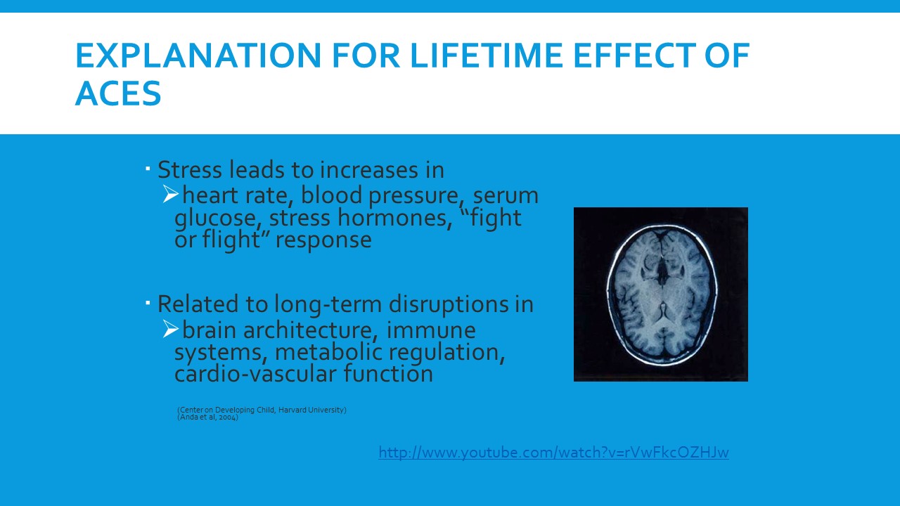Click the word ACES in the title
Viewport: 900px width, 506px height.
[118, 93]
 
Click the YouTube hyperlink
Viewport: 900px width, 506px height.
[553, 453]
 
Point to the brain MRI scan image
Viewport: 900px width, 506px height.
[660, 294]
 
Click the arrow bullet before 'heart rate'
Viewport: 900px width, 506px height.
[170, 194]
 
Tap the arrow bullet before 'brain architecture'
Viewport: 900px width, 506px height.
[170, 329]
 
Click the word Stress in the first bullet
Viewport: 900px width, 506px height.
[190, 170]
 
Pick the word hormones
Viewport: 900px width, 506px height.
[392, 218]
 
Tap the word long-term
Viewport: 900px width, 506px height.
[328, 305]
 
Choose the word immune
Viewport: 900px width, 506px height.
[431, 330]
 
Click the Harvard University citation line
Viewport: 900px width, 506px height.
[262, 410]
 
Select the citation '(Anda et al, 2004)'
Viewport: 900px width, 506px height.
[207, 417]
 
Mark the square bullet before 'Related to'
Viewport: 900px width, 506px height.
[148, 302]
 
